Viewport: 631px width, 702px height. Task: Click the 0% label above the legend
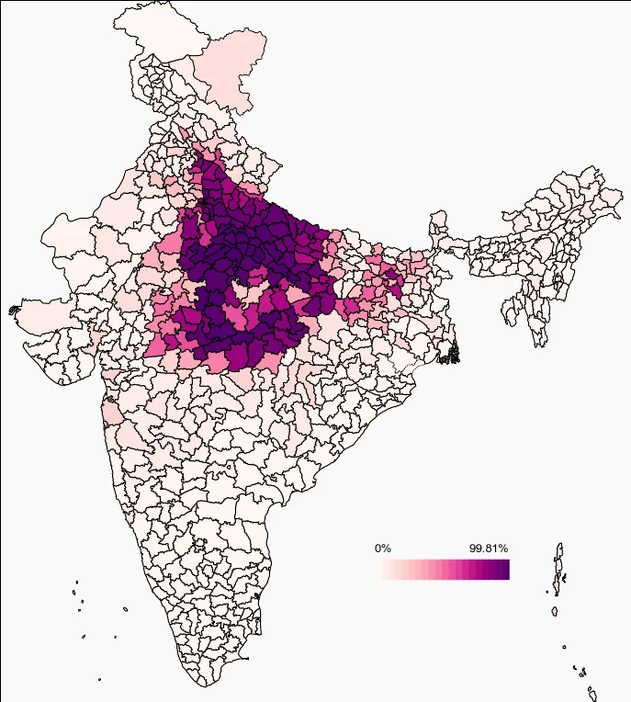[x=383, y=549]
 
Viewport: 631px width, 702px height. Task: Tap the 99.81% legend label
[x=489, y=549]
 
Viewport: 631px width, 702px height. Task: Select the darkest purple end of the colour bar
[x=503, y=570]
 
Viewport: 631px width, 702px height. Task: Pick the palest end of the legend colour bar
[x=386, y=570]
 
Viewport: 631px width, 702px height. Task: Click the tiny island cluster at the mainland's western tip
[x=14, y=311]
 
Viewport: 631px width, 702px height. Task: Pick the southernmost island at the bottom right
[x=593, y=695]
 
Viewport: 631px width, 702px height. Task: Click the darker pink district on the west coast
[x=110, y=415]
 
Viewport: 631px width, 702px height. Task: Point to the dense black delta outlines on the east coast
[x=451, y=352]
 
